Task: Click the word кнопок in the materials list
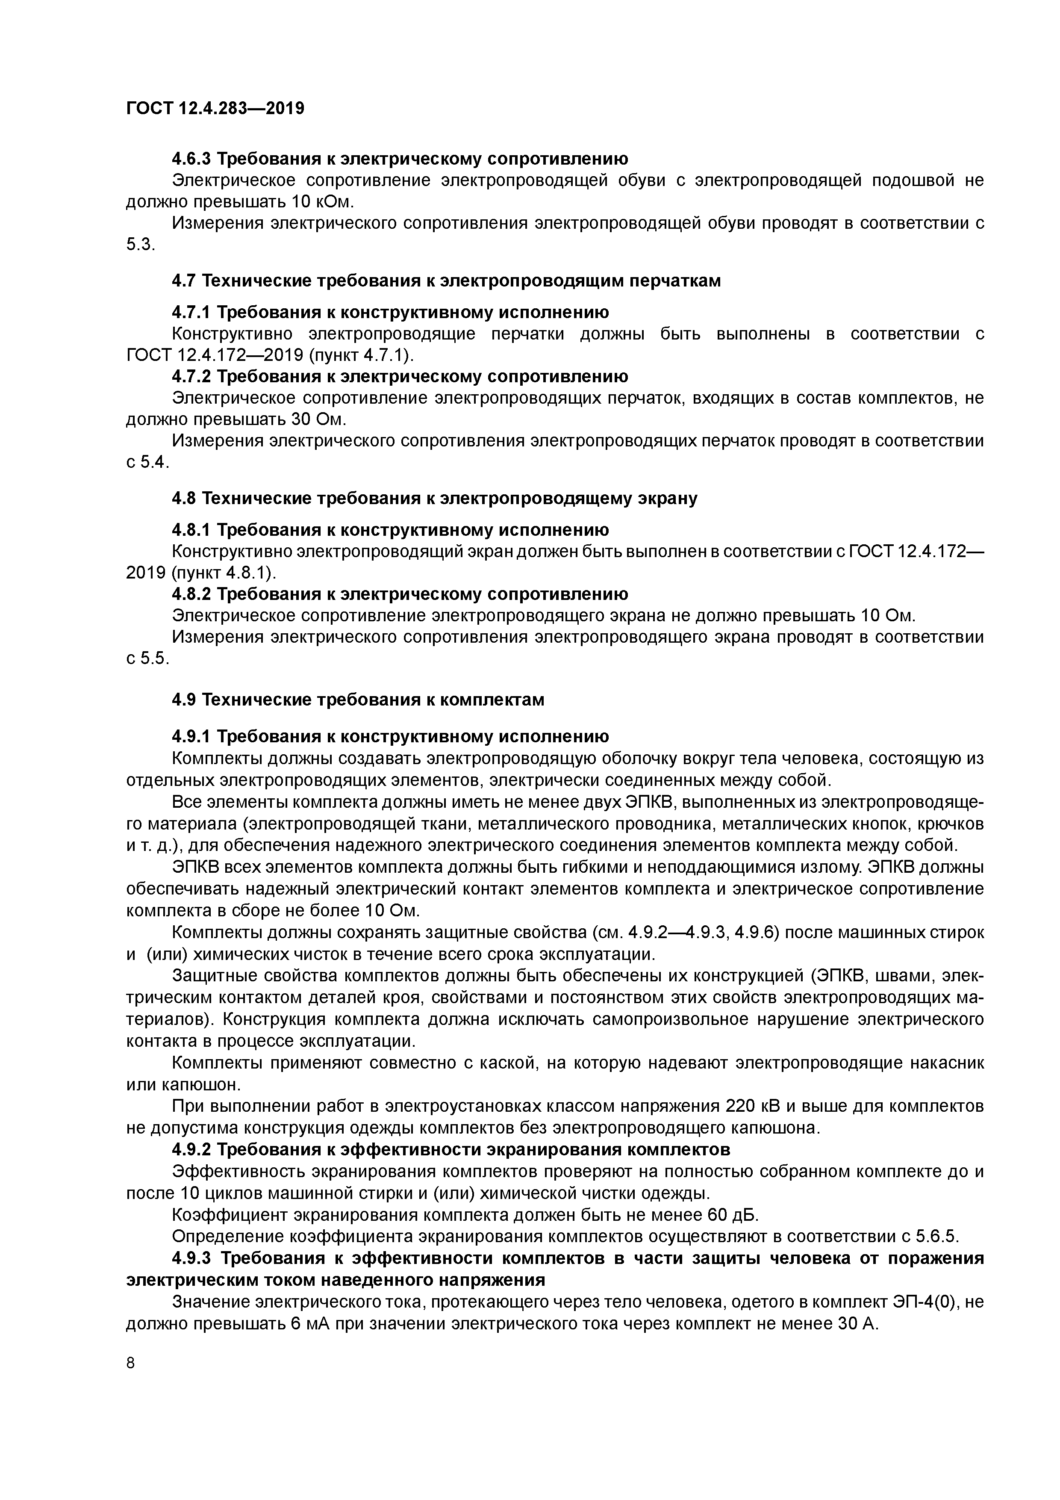[x=886, y=824]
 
